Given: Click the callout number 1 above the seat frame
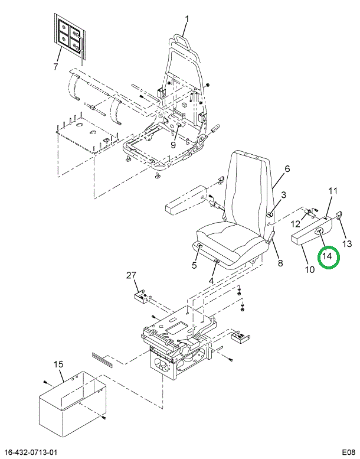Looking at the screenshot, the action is point(187,19).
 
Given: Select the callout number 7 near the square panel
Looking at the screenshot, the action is point(55,66).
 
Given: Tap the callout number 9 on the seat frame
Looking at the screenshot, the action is point(173,145).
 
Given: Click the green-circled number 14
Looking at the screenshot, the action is point(328,256).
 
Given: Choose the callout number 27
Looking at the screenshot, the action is point(132,275).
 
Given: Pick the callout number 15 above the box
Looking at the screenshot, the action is point(58,364).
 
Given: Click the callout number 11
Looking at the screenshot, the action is point(333,191).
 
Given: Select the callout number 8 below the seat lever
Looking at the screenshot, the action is point(280,263).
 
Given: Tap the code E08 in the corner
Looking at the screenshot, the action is point(349,453).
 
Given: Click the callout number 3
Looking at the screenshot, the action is point(284,195).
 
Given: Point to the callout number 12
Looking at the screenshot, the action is point(296,224).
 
